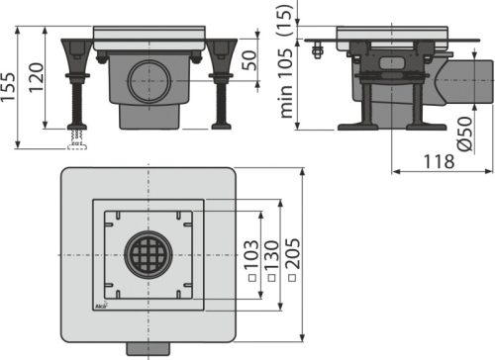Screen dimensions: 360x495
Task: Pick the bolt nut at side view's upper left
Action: (x=317, y=49)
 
